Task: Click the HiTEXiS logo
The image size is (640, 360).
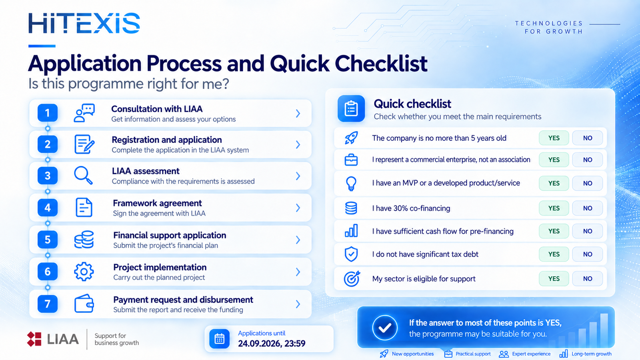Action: (84, 23)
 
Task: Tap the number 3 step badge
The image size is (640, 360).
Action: (48, 176)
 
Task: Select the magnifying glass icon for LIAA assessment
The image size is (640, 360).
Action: (84, 176)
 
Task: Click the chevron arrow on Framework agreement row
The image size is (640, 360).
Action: (298, 208)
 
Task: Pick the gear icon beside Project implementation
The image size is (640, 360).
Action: (84, 272)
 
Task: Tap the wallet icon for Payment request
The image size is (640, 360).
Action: (84, 304)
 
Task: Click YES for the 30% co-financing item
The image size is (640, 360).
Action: (554, 208)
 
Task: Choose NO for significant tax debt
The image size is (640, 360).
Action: (588, 254)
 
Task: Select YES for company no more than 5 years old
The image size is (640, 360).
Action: (554, 138)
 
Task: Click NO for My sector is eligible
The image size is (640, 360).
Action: (588, 278)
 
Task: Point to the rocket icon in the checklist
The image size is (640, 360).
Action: (351, 138)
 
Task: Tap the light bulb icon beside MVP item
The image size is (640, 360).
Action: (351, 183)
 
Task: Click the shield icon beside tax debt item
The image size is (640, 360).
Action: (351, 254)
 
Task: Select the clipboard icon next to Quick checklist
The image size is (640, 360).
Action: (351, 108)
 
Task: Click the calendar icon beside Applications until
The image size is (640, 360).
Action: (220, 338)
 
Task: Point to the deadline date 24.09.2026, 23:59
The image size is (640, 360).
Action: (272, 344)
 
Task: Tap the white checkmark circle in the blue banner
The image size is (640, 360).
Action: (385, 328)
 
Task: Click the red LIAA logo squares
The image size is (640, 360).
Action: (34, 339)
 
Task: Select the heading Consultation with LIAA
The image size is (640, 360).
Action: (157, 109)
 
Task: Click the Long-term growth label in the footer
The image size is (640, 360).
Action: (592, 354)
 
